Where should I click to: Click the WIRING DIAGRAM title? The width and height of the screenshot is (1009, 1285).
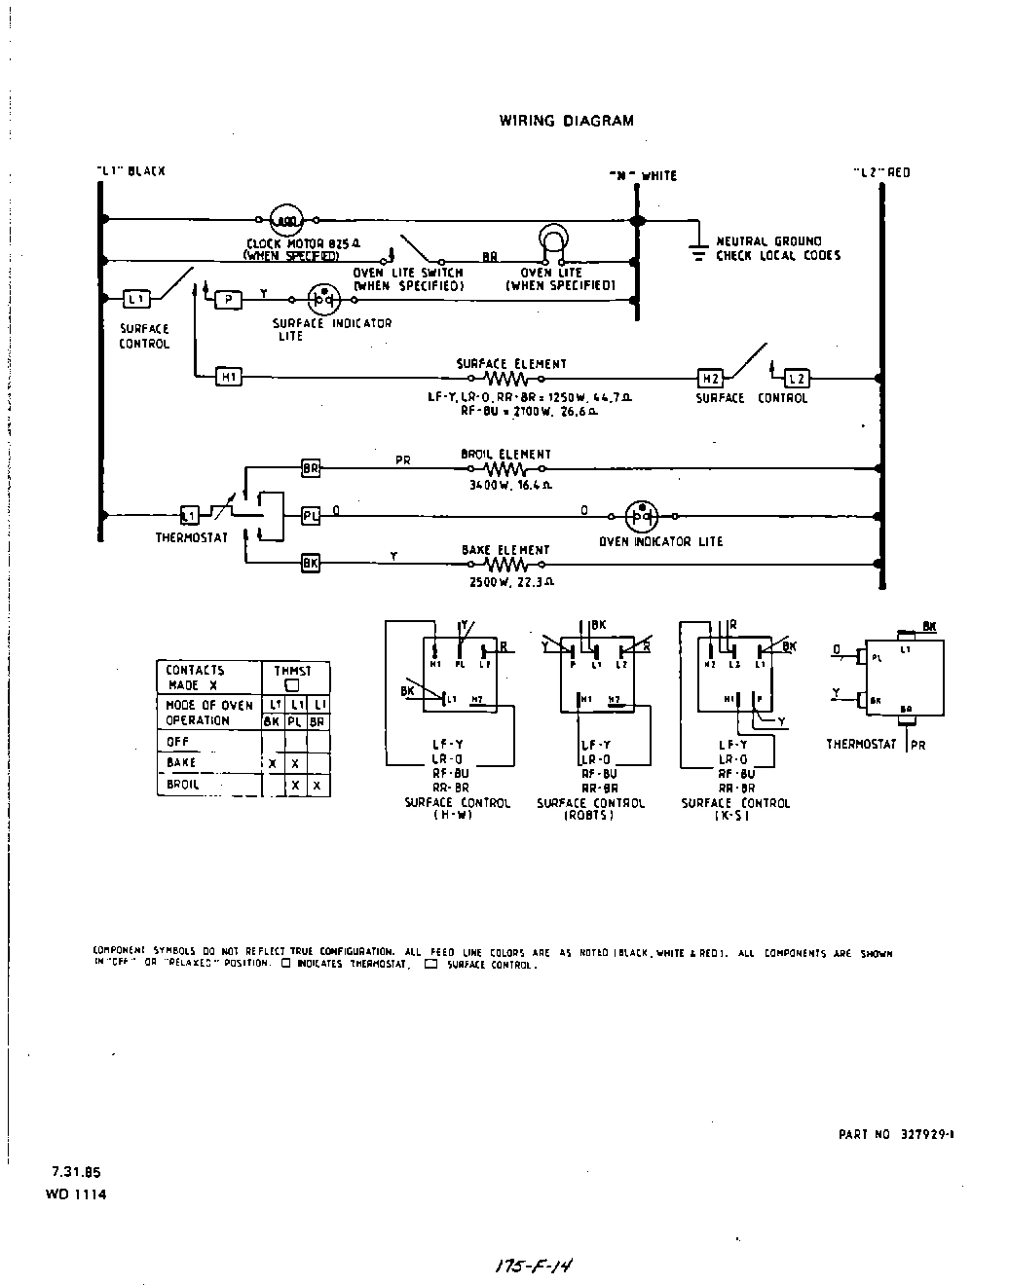pos(566,122)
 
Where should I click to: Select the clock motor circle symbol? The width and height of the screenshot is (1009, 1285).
pos(288,220)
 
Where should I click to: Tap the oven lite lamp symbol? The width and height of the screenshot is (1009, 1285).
pos(552,240)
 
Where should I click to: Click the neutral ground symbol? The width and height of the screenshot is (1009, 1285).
pos(697,250)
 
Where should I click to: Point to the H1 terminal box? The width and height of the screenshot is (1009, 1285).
pos(228,378)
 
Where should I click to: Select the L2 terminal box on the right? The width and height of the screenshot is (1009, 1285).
pos(796,378)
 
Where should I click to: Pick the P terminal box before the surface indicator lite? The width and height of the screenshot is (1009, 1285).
pos(228,299)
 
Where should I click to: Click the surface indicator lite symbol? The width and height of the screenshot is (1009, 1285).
pos(322,299)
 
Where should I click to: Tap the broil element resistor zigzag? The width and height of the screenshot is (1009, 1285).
pos(504,469)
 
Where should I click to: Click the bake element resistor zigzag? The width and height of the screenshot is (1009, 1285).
pos(504,564)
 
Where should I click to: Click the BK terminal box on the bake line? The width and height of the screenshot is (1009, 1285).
pos(310,563)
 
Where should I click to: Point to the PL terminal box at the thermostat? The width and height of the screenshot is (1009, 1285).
pos(310,516)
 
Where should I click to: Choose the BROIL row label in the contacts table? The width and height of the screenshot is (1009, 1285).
pos(183,785)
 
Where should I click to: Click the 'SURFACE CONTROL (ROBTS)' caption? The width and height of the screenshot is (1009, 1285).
pos(590,809)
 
